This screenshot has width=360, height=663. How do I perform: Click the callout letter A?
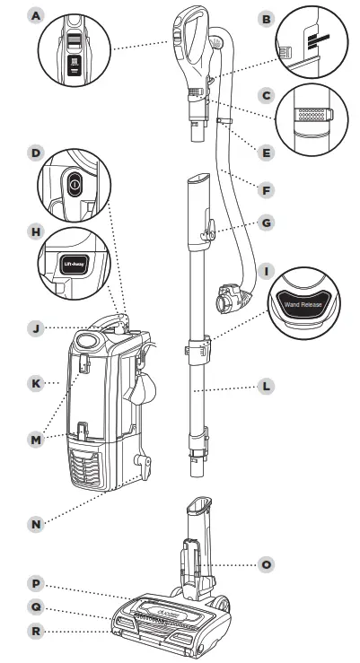[x=36, y=16]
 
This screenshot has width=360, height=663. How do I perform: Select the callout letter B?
[x=265, y=18]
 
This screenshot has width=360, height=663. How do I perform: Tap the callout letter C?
[x=265, y=94]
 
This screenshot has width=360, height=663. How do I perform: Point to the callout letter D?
[x=36, y=153]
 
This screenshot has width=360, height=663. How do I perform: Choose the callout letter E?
[x=265, y=153]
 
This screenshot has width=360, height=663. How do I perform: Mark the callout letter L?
[x=265, y=387]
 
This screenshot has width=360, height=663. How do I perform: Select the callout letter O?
[x=265, y=564]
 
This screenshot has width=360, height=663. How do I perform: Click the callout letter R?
[x=36, y=632]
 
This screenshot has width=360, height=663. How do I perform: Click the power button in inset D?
[x=75, y=182]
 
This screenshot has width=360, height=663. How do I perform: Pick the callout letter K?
[x=36, y=383]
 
